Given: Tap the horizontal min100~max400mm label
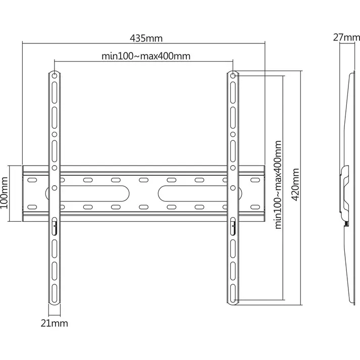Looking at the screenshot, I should click(x=146, y=56).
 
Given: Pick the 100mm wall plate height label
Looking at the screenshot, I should click(x=6, y=193).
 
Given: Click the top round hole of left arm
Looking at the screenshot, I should click(x=55, y=76).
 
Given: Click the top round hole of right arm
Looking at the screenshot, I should click(x=233, y=76).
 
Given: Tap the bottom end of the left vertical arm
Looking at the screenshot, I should click(x=55, y=301).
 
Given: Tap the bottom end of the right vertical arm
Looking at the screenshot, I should click(x=233, y=301).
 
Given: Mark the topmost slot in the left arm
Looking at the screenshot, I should click(x=55, y=94).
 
